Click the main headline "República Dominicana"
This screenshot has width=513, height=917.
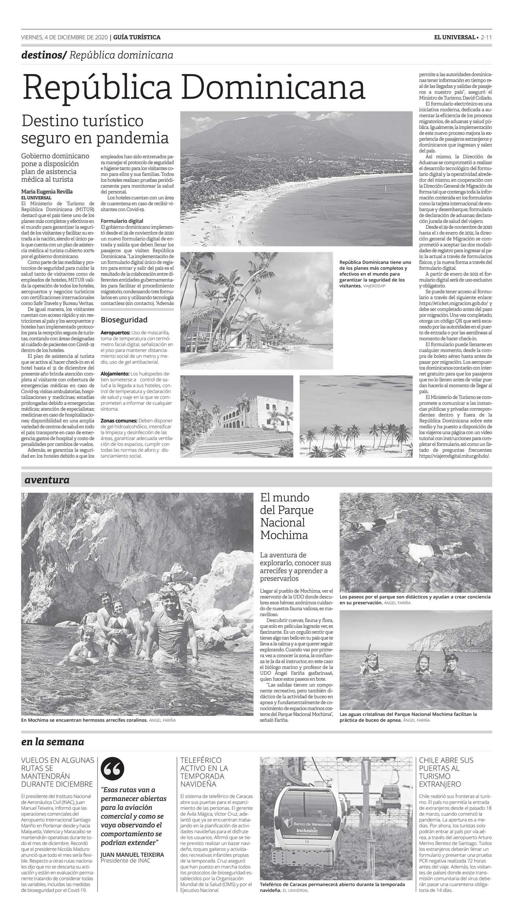pyautogui.click(x=194, y=87)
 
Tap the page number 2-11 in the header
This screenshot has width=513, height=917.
pyautogui.click(x=486, y=37)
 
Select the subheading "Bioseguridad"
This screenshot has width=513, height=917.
pyautogui.click(x=124, y=319)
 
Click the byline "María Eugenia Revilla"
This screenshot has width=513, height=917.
pyautogui.click(x=47, y=191)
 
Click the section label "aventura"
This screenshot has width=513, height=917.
pyautogui.click(x=47, y=479)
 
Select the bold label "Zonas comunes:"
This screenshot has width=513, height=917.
pyautogui.click(x=119, y=420)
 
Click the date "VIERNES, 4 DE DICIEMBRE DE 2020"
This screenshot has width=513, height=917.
pyautogui.click(x=64, y=37)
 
